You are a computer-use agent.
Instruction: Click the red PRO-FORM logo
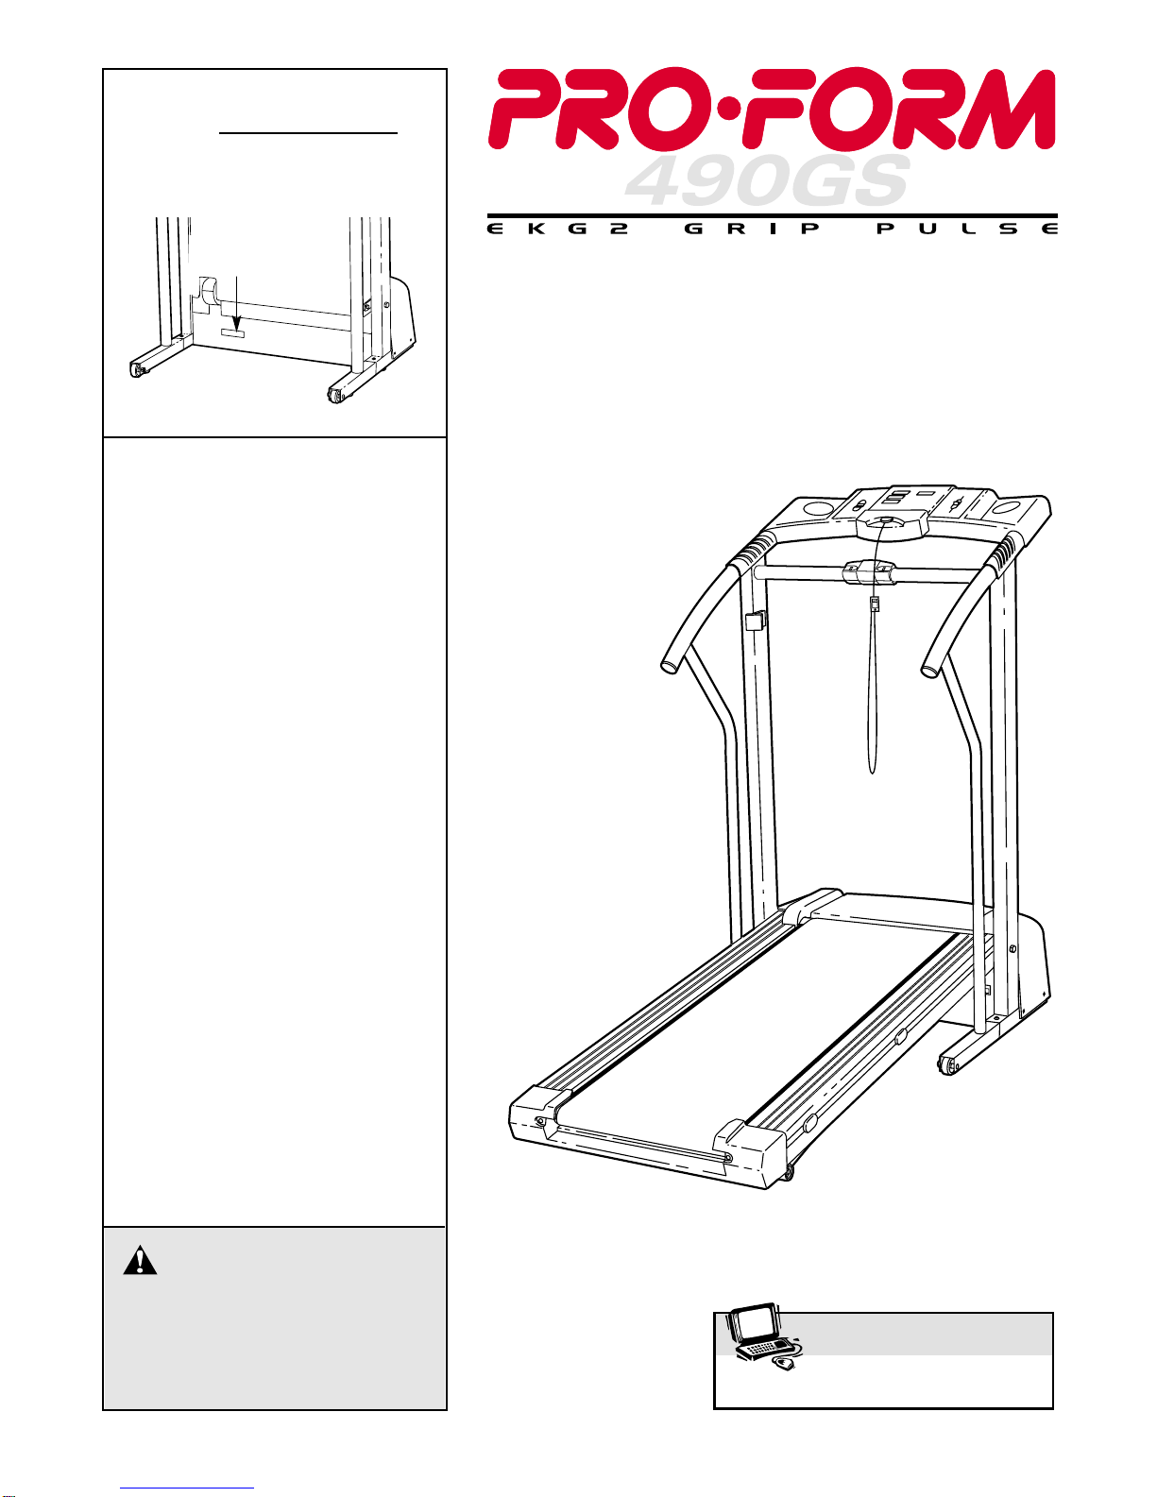pos(772,109)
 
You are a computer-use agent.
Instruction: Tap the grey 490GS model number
pos(767,181)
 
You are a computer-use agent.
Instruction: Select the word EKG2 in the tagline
pos(558,229)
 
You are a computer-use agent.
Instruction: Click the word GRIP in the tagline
pos(752,229)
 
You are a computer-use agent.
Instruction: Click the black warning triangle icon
pos(140,1260)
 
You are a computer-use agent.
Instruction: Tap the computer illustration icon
pos(764,1340)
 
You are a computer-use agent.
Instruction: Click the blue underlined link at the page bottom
pos(187,1488)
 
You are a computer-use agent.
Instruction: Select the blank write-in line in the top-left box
pos(308,132)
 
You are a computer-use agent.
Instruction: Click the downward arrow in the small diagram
pos(237,303)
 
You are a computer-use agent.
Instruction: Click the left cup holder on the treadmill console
pos(815,509)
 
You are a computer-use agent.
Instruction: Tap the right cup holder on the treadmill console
pos(1007,509)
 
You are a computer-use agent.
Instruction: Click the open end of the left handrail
pos(670,666)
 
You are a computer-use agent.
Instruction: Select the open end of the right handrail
pos(930,667)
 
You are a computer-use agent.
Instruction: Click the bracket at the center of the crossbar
pos(870,571)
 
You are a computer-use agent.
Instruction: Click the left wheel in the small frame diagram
pos(139,370)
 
